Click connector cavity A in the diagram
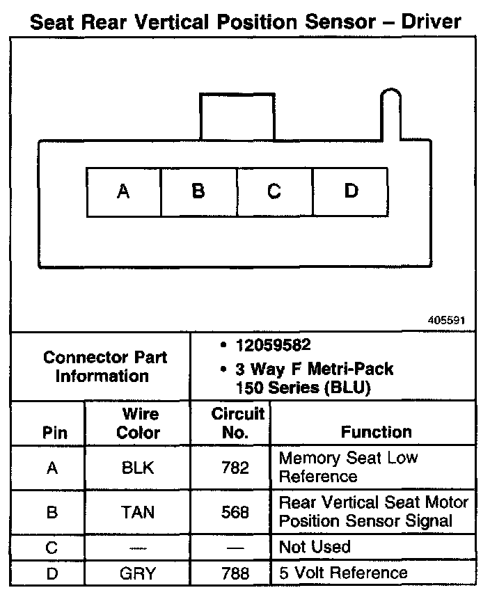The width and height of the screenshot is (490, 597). click(123, 191)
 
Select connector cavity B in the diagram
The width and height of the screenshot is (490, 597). click(198, 191)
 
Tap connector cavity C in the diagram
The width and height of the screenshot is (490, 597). click(274, 191)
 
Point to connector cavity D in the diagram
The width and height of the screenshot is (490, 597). click(351, 191)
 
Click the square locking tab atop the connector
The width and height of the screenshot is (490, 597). click(236, 116)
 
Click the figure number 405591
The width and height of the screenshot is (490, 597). click(446, 321)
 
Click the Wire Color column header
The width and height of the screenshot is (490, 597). click(138, 423)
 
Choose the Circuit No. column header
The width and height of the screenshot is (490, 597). click(237, 423)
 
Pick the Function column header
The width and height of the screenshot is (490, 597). click(376, 432)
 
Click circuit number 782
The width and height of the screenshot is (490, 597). click(235, 468)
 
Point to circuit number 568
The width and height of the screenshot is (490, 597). click(235, 512)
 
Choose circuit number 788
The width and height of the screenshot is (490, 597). click(235, 574)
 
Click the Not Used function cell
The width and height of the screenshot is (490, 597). click(314, 548)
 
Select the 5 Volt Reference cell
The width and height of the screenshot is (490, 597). click(343, 573)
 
